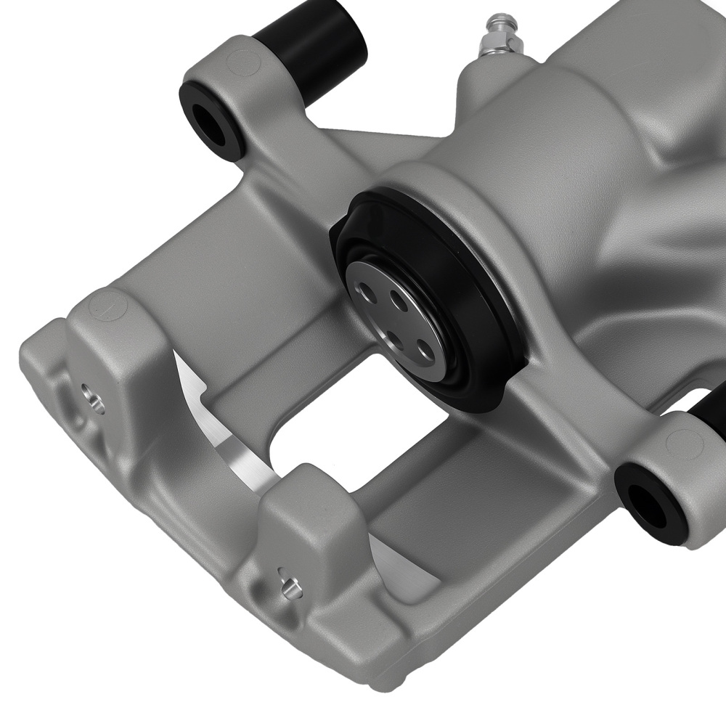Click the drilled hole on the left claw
[x=92, y=399]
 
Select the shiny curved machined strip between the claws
[x=218, y=428]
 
